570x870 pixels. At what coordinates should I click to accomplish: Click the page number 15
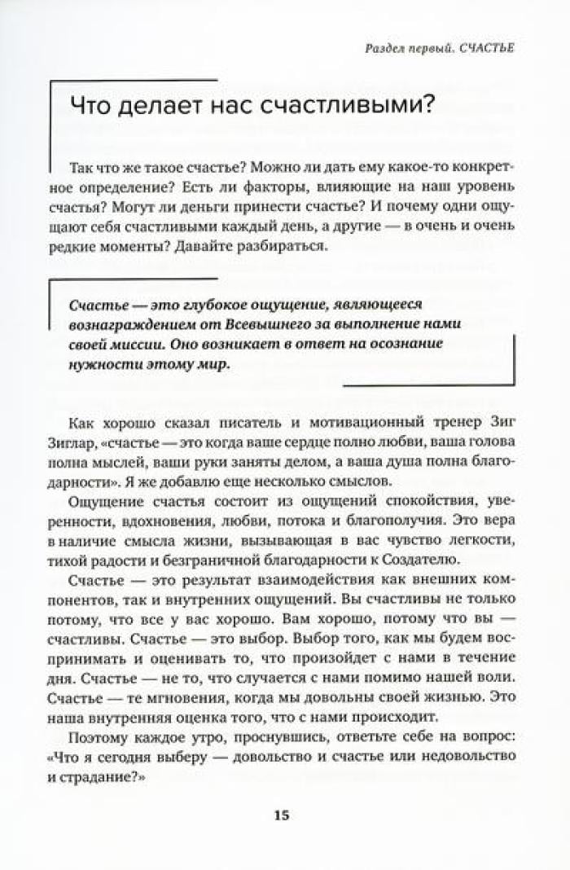(x=281, y=815)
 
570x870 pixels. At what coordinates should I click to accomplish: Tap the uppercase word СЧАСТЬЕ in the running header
(x=487, y=49)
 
